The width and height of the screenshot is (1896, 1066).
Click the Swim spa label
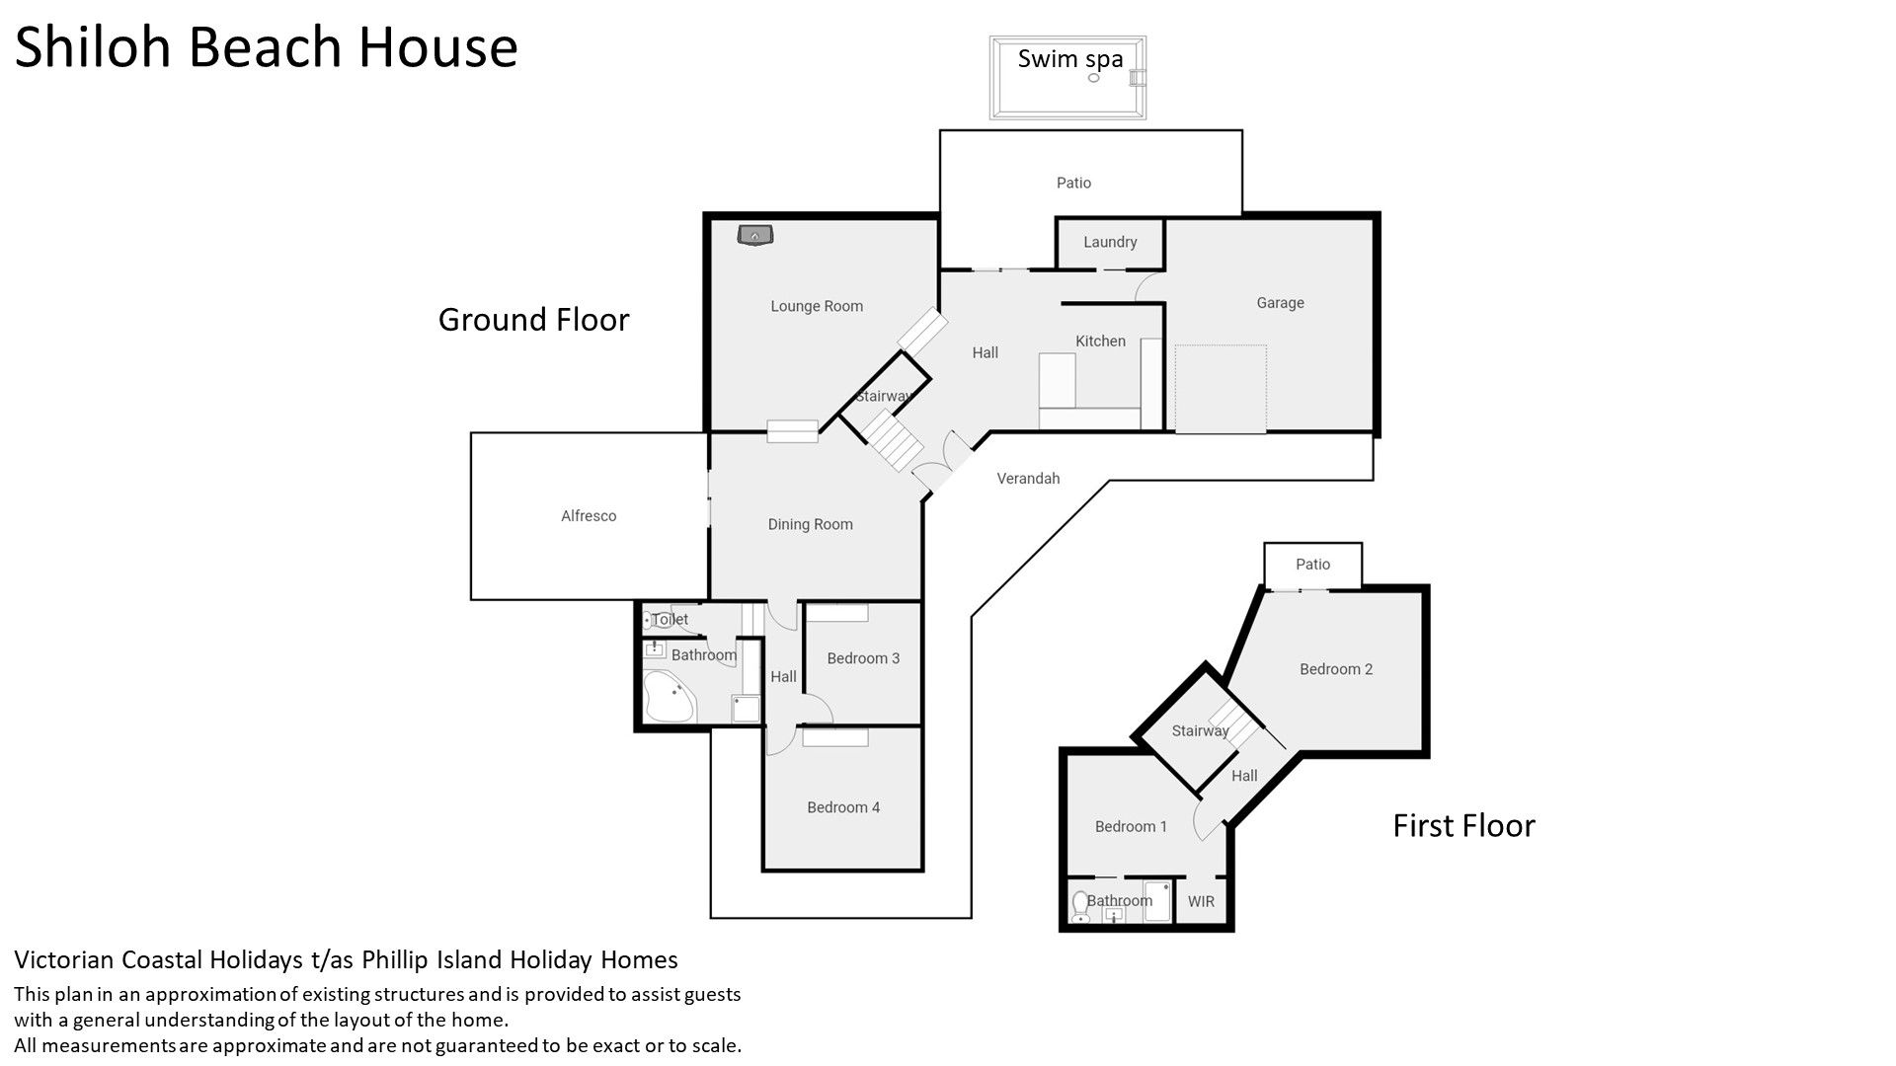[x=1070, y=59]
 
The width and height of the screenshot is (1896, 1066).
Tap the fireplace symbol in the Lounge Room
[x=756, y=235]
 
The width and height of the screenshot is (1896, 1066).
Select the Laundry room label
[x=1110, y=242]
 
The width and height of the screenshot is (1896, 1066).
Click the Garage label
[x=1281, y=303]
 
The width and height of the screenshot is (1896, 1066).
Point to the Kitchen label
[x=1100, y=341]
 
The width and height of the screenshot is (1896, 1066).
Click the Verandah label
[x=1028, y=479]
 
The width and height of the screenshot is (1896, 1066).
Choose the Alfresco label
[x=589, y=516]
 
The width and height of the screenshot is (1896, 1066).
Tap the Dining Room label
[x=811, y=524]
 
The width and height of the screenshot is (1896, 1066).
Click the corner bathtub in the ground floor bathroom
[x=670, y=697]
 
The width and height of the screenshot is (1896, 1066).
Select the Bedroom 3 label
[x=863, y=658]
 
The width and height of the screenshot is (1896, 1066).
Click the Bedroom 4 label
[x=843, y=807]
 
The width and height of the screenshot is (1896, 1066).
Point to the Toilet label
[x=670, y=620]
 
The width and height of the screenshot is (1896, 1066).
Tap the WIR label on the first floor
[x=1201, y=901]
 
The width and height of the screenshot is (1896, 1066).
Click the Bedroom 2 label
[x=1336, y=669]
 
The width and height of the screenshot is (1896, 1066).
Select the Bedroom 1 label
[x=1131, y=826]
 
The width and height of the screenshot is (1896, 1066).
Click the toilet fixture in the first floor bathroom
[x=1080, y=907]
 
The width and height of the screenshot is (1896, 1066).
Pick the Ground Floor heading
[x=533, y=320]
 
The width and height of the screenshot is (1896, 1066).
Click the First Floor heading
[x=1463, y=825]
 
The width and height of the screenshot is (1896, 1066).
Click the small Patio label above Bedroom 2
[x=1312, y=565]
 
